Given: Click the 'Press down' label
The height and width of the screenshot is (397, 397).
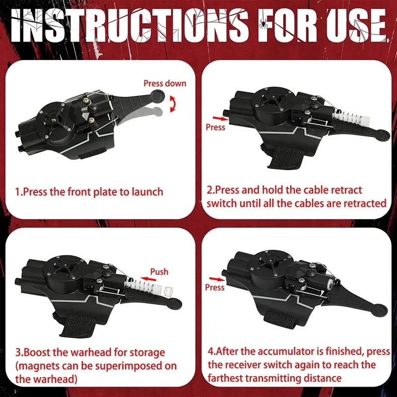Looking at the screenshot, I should [x=165, y=83].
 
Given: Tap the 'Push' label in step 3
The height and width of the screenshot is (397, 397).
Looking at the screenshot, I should [x=159, y=271].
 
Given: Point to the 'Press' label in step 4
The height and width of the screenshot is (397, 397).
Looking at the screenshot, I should [x=215, y=287].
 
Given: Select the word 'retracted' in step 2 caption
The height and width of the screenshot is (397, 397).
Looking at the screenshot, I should [x=362, y=203].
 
